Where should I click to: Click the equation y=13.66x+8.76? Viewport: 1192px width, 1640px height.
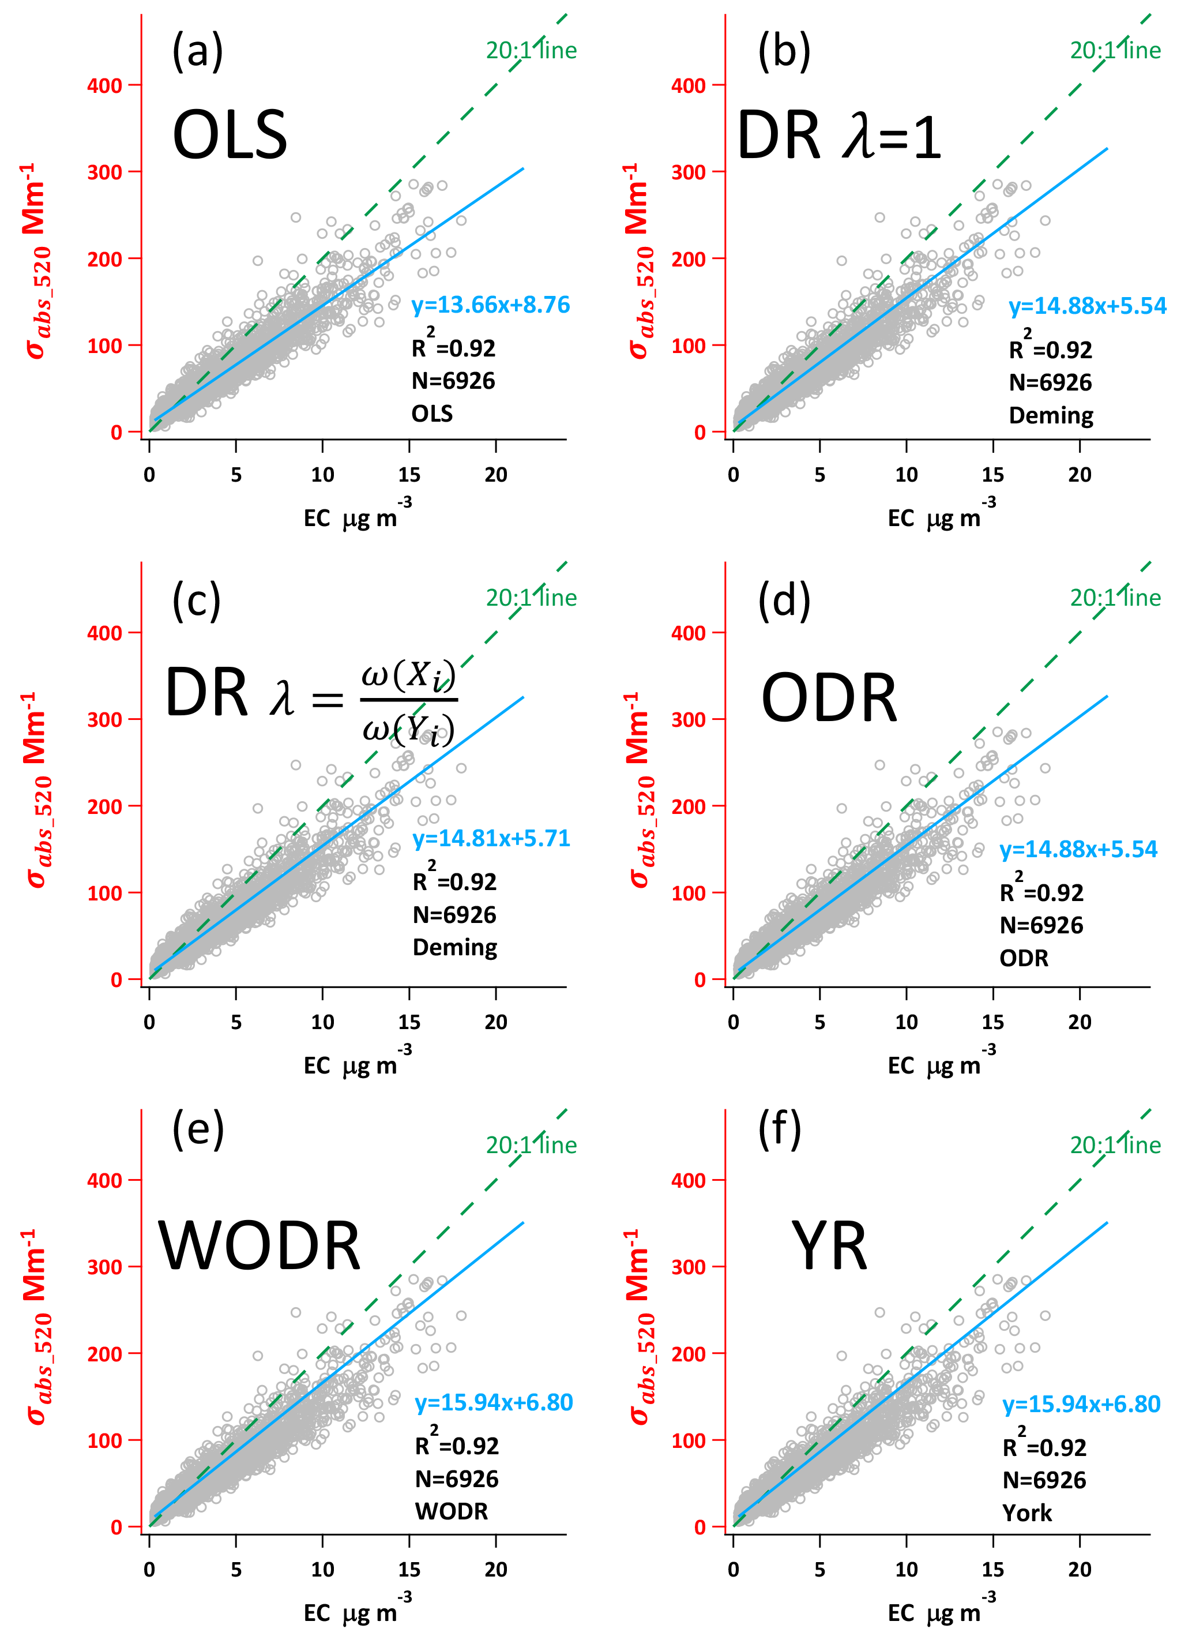pyautogui.click(x=491, y=305)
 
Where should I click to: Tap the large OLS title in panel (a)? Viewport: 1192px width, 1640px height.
pyautogui.click(x=230, y=135)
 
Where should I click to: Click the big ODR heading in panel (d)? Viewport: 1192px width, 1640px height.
pyautogui.click(x=829, y=699)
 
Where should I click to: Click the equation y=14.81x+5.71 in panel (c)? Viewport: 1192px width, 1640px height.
pyautogui.click(x=491, y=838)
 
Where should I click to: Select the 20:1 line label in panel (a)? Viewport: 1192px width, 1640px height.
pyautogui.click(x=531, y=51)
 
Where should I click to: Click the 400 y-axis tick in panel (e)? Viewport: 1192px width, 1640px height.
pyautogui.click(x=104, y=1180)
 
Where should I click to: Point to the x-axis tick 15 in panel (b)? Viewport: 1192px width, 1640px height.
pyautogui.click(x=992, y=475)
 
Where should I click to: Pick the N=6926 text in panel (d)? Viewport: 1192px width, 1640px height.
pyautogui.click(x=1041, y=926)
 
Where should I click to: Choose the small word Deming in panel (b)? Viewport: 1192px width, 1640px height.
pyautogui.click(x=1051, y=416)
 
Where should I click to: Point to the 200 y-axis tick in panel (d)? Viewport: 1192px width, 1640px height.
pyautogui.click(x=688, y=806)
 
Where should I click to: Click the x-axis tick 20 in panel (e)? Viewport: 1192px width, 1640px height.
pyautogui.click(x=495, y=1570)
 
